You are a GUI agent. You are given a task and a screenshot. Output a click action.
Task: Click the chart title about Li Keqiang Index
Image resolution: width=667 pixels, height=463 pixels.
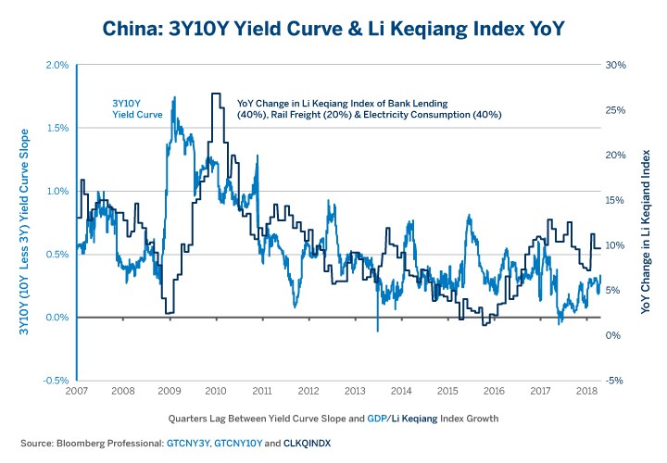[333, 27]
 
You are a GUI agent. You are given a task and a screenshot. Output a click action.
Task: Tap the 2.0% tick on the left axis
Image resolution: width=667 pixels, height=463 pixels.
[57, 65]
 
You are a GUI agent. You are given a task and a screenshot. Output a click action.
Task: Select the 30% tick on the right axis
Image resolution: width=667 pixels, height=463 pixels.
[616, 65]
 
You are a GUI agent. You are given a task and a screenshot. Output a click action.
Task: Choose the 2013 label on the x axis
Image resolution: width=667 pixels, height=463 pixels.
[354, 393]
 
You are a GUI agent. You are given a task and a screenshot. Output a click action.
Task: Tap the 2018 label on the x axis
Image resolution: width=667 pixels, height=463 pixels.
[586, 393]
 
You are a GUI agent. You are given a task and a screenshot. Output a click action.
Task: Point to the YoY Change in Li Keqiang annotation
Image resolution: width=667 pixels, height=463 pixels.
[370, 108]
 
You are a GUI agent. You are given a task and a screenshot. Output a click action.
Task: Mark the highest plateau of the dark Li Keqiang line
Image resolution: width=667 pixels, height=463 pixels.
[216, 94]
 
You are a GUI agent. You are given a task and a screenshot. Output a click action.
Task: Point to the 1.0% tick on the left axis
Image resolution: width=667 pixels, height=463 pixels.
[57, 192]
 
